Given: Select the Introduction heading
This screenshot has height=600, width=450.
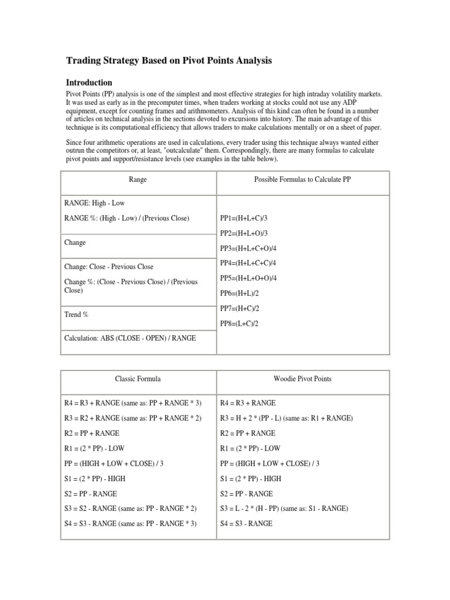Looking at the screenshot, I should (88, 83).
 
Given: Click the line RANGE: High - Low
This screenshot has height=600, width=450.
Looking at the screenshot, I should (94, 203).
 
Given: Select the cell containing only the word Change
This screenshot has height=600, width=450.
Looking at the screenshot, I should (75, 243).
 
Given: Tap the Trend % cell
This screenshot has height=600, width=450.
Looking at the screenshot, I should (77, 315).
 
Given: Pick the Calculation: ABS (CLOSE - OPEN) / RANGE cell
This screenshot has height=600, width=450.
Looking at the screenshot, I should (130, 339).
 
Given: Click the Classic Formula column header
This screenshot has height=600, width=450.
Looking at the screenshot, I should (139, 379).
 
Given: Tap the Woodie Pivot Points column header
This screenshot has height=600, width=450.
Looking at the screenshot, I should (302, 379).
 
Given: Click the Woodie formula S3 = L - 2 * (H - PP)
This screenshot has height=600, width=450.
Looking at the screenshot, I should (284, 509).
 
